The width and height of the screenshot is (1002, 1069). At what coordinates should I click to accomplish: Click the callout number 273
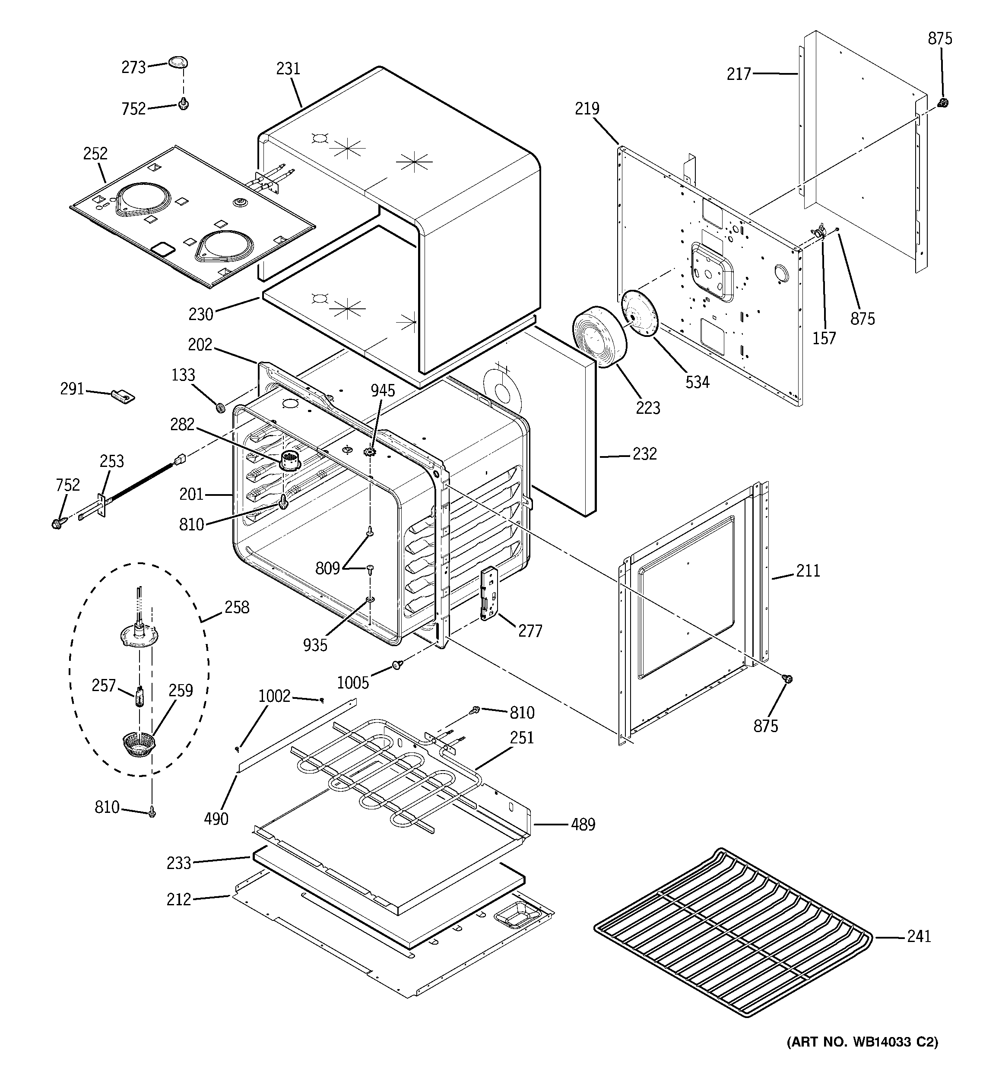pyautogui.click(x=133, y=67)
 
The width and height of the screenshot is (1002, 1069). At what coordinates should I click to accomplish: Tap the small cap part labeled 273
pyautogui.click(x=178, y=62)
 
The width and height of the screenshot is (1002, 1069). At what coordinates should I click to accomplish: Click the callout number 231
pyautogui.click(x=288, y=69)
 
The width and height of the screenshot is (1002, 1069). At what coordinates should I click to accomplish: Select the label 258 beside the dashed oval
pyautogui.click(x=237, y=607)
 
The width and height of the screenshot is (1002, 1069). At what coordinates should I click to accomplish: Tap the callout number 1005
pyautogui.click(x=353, y=682)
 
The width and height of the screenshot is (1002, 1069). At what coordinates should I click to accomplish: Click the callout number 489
pyautogui.click(x=583, y=825)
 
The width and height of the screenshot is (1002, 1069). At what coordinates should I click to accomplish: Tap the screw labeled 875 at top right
pyautogui.click(x=942, y=103)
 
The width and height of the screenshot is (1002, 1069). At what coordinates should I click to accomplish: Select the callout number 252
pyautogui.click(x=95, y=154)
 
